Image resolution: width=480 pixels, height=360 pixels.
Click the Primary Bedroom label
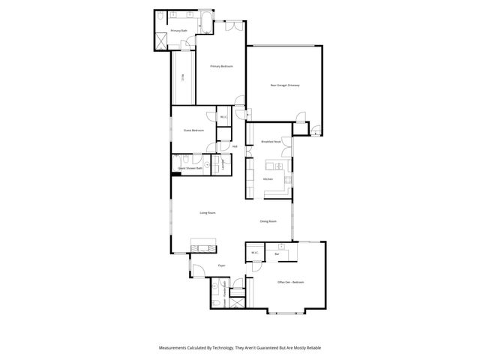click(x=221, y=67)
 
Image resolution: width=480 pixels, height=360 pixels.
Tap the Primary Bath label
click(x=178, y=30)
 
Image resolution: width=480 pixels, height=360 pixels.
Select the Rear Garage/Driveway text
click(x=285, y=85)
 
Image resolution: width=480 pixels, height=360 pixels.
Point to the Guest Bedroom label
click(x=193, y=130)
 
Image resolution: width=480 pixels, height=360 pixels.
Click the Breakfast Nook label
click(x=271, y=142)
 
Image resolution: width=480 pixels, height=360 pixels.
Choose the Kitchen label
click(x=268, y=179)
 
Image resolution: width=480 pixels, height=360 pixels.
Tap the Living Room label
click(x=208, y=214)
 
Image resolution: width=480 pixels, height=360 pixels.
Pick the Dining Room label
click(x=268, y=221)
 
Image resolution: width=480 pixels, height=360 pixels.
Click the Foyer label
click(x=222, y=265)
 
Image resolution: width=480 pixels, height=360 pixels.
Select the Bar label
click(x=277, y=254)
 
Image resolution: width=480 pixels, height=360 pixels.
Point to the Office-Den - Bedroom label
click(x=290, y=283)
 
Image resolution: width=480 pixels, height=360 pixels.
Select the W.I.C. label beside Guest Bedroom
click(x=223, y=116)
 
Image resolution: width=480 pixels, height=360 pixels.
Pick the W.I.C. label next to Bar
click(x=255, y=253)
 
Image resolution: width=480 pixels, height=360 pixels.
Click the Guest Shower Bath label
click(x=190, y=169)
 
